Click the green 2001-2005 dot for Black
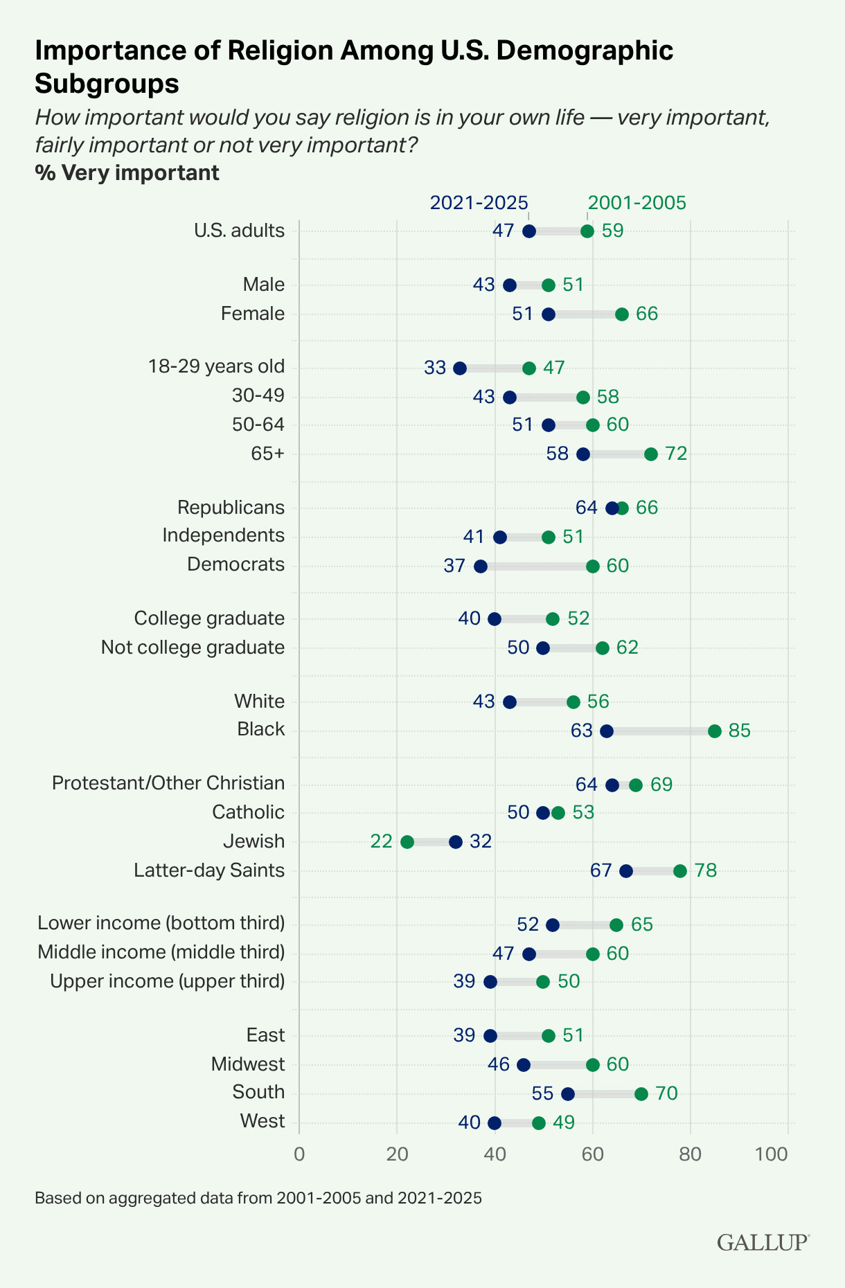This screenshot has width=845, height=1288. tap(715, 731)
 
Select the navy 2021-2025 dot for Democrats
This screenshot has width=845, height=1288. tap(481, 566)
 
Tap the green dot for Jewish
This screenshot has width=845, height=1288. tap(407, 842)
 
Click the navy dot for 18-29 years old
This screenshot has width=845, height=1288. tap(460, 368)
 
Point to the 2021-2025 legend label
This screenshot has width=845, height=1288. tap(479, 203)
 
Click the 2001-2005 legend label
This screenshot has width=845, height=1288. tap(637, 203)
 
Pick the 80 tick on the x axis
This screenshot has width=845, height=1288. tap(690, 1154)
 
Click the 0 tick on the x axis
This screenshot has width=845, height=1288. tap(299, 1154)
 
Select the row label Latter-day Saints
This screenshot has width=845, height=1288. tap(209, 870)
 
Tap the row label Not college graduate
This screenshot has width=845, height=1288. tap(193, 647)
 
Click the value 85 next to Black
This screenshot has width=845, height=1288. tap(739, 731)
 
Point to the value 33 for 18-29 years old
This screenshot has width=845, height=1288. tap(435, 368)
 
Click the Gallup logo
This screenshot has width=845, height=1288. tap(763, 1242)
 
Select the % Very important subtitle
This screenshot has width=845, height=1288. tap(127, 173)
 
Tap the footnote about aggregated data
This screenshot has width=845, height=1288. tap(258, 1198)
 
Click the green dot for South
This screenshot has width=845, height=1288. tap(641, 1094)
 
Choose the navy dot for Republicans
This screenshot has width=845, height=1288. tap(612, 508)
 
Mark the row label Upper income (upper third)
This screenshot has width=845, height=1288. tap(167, 981)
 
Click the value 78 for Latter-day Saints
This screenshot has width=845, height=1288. tap(705, 871)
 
